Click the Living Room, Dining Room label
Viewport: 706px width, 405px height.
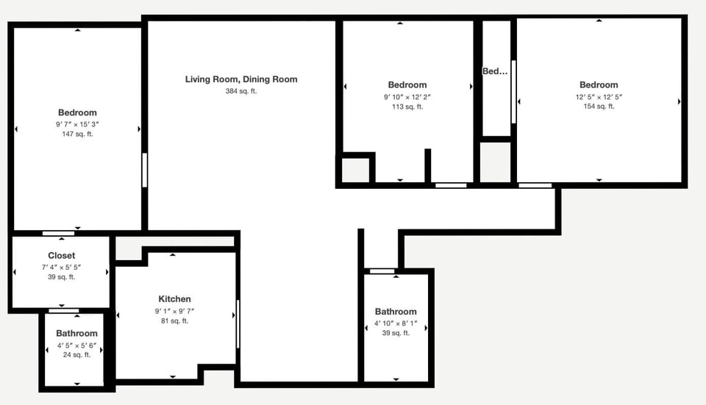click(x=241, y=79)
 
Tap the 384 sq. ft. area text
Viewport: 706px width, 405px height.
click(x=241, y=91)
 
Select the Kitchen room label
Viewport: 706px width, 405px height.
click(x=174, y=299)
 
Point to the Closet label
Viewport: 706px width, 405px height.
click(x=61, y=256)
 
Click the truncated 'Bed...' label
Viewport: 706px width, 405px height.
click(x=495, y=71)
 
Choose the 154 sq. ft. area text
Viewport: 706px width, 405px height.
click(x=599, y=107)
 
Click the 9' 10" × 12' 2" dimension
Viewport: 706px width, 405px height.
click(x=407, y=97)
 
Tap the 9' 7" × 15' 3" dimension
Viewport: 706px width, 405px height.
click(x=77, y=124)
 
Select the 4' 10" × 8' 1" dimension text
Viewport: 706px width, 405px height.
click(x=396, y=323)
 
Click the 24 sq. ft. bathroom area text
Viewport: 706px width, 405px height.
click(x=76, y=355)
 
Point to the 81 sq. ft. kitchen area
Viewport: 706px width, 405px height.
click(x=174, y=321)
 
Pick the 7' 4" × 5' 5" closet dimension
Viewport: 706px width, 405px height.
click(x=61, y=267)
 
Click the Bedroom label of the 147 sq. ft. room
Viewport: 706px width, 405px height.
click(x=77, y=112)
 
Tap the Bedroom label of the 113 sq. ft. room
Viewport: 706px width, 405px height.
click(x=407, y=85)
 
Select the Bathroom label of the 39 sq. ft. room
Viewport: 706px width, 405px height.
click(x=396, y=312)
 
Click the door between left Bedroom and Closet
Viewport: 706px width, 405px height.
click(x=58, y=233)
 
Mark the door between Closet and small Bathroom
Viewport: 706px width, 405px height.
click(x=63, y=310)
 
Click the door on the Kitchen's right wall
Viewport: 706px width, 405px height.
click(x=238, y=323)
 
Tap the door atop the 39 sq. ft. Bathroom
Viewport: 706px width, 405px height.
click(x=382, y=271)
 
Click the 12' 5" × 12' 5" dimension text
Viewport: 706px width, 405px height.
click(x=599, y=96)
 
